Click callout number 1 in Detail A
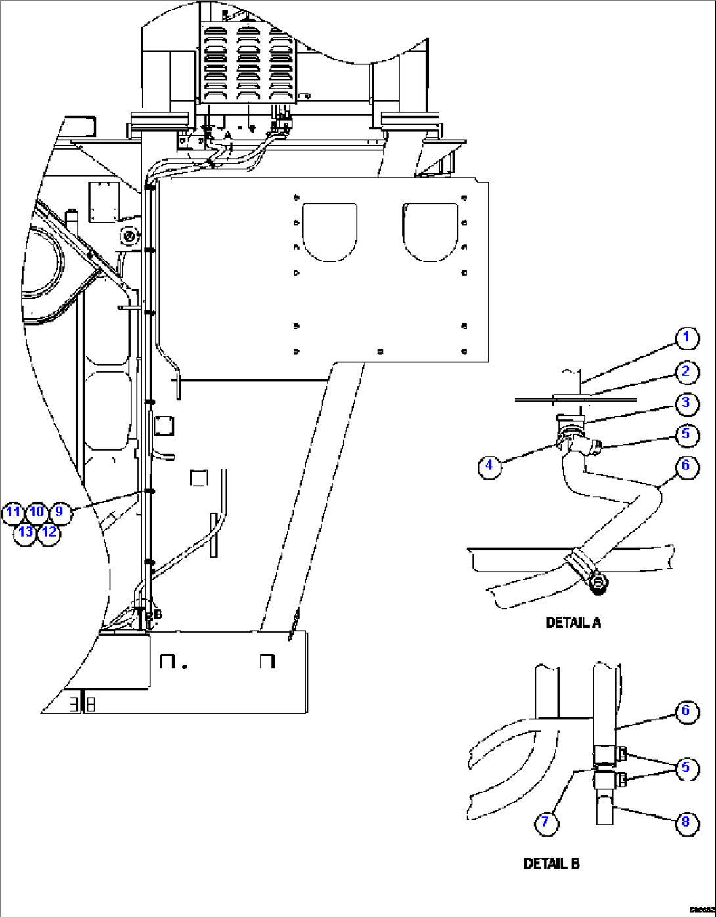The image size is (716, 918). (686, 338)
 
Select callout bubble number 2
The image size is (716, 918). (686, 372)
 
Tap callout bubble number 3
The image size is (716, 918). (686, 402)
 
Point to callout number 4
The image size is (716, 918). (489, 466)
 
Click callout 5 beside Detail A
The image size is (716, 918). (686, 434)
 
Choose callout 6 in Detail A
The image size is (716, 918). (686, 465)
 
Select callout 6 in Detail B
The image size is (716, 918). (686, 711)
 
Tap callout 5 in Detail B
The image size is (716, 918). (686, 767)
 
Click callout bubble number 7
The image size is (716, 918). (547, 823)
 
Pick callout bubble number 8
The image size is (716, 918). (686, 823)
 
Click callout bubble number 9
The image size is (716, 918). (60, 512)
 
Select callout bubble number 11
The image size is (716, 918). (13, 512)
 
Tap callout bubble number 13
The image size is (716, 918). (25, 532)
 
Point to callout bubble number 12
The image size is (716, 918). (49, 532)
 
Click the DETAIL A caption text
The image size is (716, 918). (573, 623)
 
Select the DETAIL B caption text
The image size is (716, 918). (551, 864)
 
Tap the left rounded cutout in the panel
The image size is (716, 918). (330, 232)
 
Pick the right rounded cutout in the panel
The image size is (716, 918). (430, 232)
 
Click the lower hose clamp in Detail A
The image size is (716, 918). (585, 570)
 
